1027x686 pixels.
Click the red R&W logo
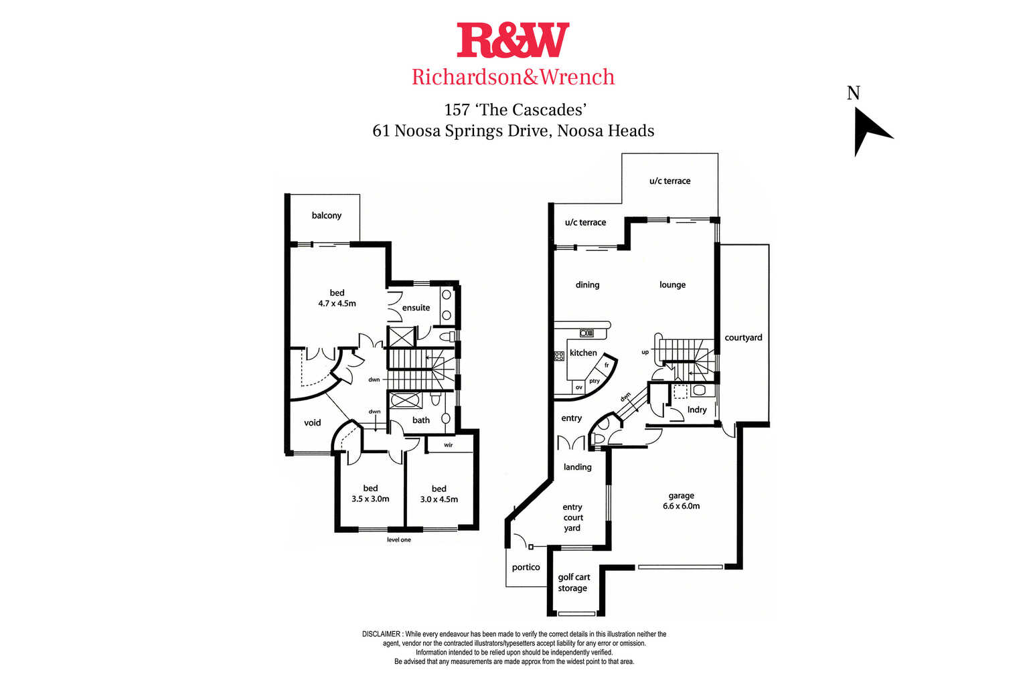click(513, 40)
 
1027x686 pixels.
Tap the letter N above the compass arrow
click(853, 93)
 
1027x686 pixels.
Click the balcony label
click(327, 216)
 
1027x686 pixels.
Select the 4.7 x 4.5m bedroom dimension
click(337, 303)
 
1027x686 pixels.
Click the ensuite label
click(416, 307)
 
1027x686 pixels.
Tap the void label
click(312, 422)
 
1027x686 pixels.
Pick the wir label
click(449, 445)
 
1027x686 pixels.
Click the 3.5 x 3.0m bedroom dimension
click(370, 499)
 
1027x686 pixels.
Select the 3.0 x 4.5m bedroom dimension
click(439, 499)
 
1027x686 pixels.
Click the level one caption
click(399, 540)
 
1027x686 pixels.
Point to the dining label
click(587, 285)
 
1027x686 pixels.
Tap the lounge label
click(673, 285)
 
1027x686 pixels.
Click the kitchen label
click(583, 353)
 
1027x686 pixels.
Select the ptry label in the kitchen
click(595, 381)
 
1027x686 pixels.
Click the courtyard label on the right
click(743, 338)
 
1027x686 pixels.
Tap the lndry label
click(697, 410)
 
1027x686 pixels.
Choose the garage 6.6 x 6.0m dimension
click(682, 507)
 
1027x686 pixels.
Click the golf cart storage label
click(574, 582)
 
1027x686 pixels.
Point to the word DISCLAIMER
click(381, 634)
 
